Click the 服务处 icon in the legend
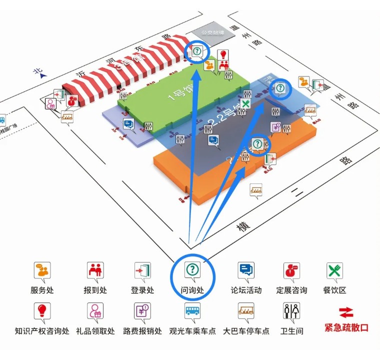(42, 270)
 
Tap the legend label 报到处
(95, 290)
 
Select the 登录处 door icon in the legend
(142, 270)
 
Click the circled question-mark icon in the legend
(192, 270)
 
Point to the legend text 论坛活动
(246, 290)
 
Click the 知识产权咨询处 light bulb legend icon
(42, 311)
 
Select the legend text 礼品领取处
(95, 331)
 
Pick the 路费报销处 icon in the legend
(142, 311)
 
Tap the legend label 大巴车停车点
(246, 331)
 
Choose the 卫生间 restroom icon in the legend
(291, 311)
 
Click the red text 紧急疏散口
(346, 328)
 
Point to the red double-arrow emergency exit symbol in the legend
(346, 312)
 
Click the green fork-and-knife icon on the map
(245, 104)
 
